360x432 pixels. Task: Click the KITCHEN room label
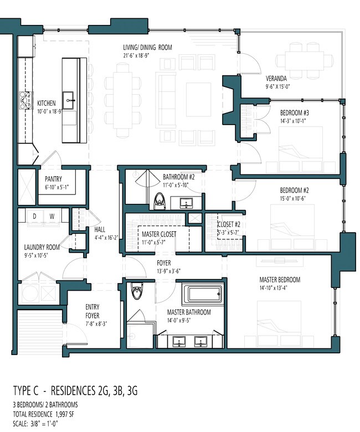tap(47, 104)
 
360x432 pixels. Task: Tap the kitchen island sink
tap(68, 100)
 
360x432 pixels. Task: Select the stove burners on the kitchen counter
tap(24, 100)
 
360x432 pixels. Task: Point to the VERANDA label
tap(276, 79)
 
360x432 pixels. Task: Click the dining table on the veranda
tap(305, 60)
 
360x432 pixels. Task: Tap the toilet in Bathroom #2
tap(160, 200)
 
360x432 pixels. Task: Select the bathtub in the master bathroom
tap(205, 294)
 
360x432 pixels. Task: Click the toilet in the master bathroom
tap(136, 291)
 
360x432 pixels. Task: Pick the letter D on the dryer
tap(34, 216)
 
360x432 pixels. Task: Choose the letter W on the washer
tap(52, 216)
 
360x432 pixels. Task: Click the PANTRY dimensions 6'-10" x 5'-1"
tap(56, 187)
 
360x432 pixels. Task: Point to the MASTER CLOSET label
tap(159, 234)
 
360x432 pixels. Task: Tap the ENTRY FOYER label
tap(92, 311)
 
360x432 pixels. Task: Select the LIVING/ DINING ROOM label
tap(147, 48)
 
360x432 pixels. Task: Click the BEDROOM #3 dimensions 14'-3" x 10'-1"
tap(293, 121)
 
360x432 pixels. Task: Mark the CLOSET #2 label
tap(229, 224)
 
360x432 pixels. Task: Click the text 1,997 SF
tap(65, 414)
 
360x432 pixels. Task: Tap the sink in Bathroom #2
tap(186, 203)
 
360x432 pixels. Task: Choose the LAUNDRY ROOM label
tap(42, 247)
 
